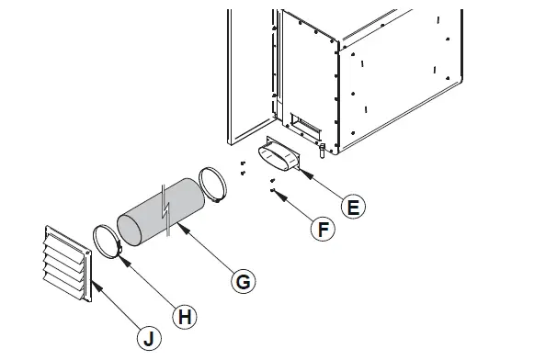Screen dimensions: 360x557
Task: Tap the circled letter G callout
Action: pyautogui.click(x=243, y=282)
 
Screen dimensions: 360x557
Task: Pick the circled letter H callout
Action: pyautogui.click(x=185, y=317)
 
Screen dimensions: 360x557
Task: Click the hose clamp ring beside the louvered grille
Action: pyautogui.click(x=106, y=240)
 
